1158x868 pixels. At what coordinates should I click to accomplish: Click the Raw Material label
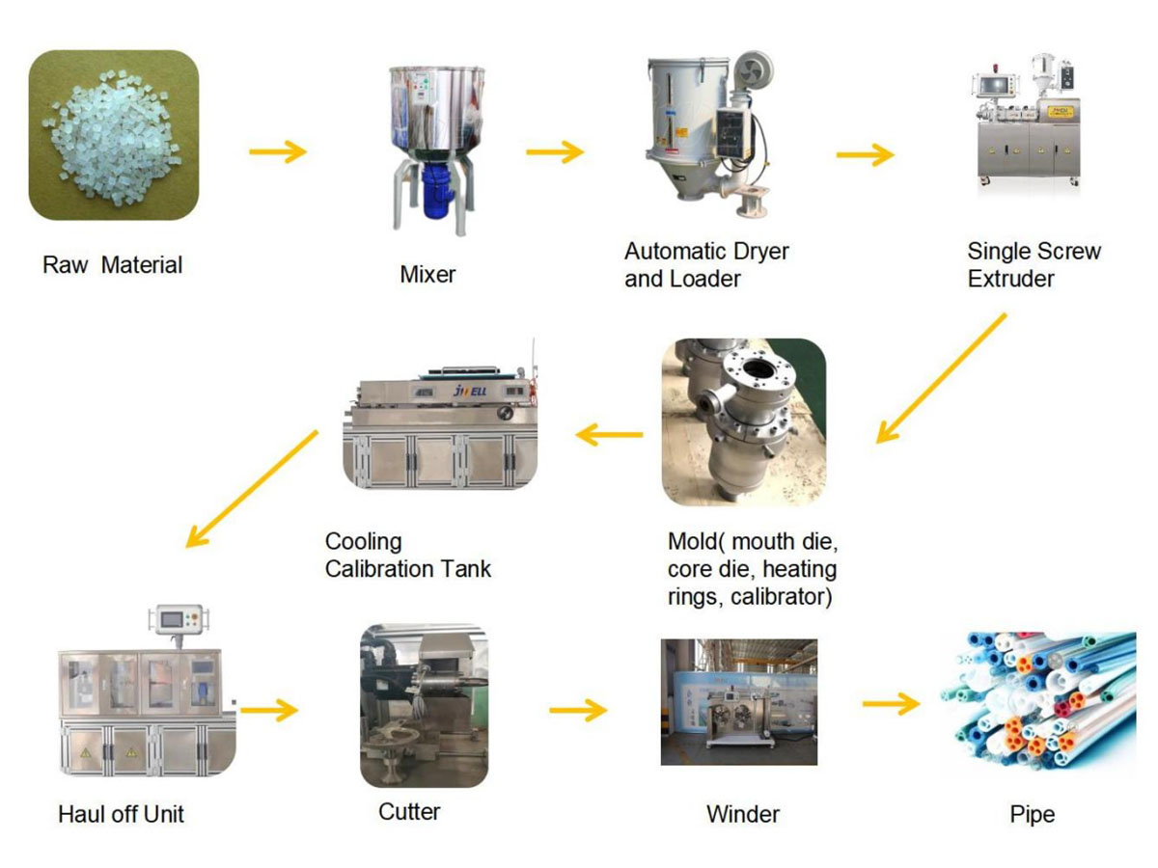112,264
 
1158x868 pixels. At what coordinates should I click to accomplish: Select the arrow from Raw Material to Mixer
278,151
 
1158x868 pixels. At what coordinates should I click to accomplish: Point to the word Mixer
427,274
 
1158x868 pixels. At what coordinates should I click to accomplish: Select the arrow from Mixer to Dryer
555,151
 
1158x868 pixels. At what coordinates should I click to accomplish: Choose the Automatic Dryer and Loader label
706,264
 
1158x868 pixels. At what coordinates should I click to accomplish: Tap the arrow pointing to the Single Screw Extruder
866,154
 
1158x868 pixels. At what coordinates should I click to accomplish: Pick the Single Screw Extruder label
1034,264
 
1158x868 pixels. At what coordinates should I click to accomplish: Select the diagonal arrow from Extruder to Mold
941,378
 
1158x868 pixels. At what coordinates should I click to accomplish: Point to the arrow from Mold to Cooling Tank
609,435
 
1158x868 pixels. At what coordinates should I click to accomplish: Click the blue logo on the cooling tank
470,391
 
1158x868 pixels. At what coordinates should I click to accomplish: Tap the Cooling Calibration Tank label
408,555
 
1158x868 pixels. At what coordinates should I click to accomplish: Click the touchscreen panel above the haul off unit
178,620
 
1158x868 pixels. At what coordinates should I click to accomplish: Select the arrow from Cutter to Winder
578,711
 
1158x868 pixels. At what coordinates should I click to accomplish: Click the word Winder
743,814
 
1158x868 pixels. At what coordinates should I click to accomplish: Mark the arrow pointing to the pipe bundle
891,704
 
